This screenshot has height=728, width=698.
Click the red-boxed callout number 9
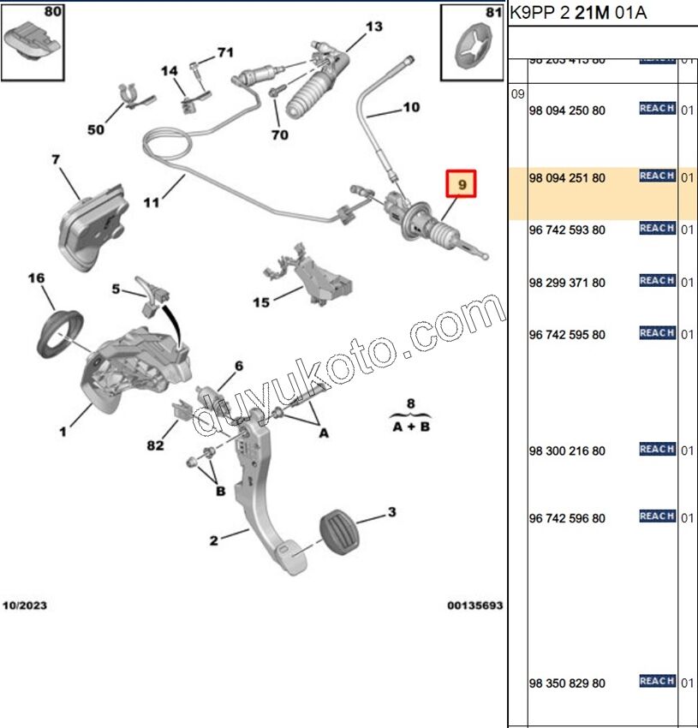(462, 185)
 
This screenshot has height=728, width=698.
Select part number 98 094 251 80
(567, 178)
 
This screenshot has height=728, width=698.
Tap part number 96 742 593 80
(567, 230)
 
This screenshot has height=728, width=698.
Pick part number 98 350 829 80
(567, 683)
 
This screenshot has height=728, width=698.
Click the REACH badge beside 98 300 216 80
(657, 449)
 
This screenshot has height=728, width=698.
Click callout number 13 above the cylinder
(374, 27)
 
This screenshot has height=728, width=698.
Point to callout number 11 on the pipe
(152, 203)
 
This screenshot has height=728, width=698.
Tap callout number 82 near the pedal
(154, 445)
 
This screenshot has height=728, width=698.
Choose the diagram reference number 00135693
(474, 606)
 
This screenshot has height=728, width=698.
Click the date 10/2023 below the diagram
(24, 606)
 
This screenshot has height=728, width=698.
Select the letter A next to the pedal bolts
(324, 434)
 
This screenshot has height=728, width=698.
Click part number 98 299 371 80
(567, 283)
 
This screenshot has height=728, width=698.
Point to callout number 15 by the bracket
(261, 302)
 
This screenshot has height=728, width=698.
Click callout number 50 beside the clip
(95, 129)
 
